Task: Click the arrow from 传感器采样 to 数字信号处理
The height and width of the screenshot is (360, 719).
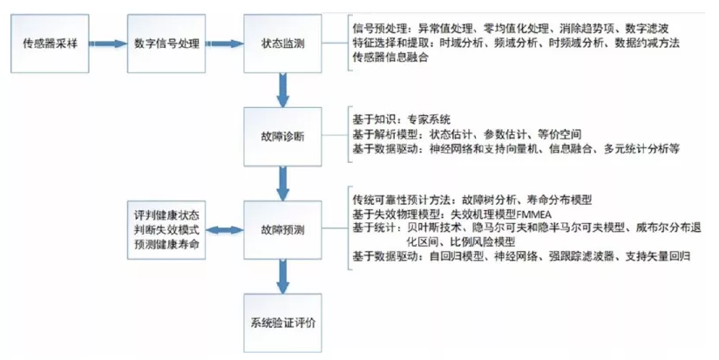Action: [x=109, y=43]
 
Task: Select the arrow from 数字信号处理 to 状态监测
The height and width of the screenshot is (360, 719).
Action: [x=225, y=43]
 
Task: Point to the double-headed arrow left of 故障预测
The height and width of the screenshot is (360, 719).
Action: [x=225, y=231]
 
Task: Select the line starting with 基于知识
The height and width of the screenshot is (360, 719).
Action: [x=402, y=119]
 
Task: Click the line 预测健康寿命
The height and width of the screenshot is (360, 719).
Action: [x=167, y=246]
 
